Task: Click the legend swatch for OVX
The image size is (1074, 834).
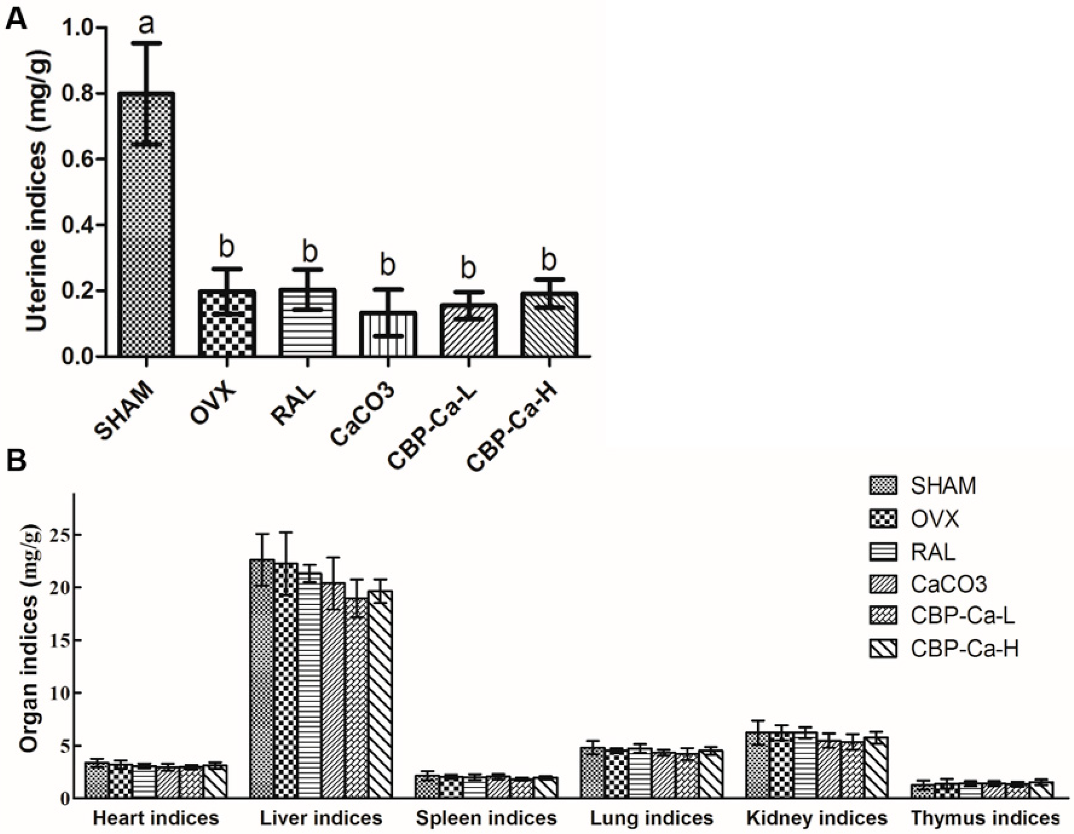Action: (x=883, y=518)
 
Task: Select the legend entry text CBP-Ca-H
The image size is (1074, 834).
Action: (x=964, y=650)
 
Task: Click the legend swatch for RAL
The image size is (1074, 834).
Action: (x=883, y=552)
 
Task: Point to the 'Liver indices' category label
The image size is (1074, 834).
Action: (x=321, y=819)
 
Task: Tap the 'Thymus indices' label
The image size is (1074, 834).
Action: (x=984, y=819)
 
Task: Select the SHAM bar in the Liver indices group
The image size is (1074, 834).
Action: (x=262, y=679)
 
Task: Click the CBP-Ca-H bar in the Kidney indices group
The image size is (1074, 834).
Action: (x=875, y=767)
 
